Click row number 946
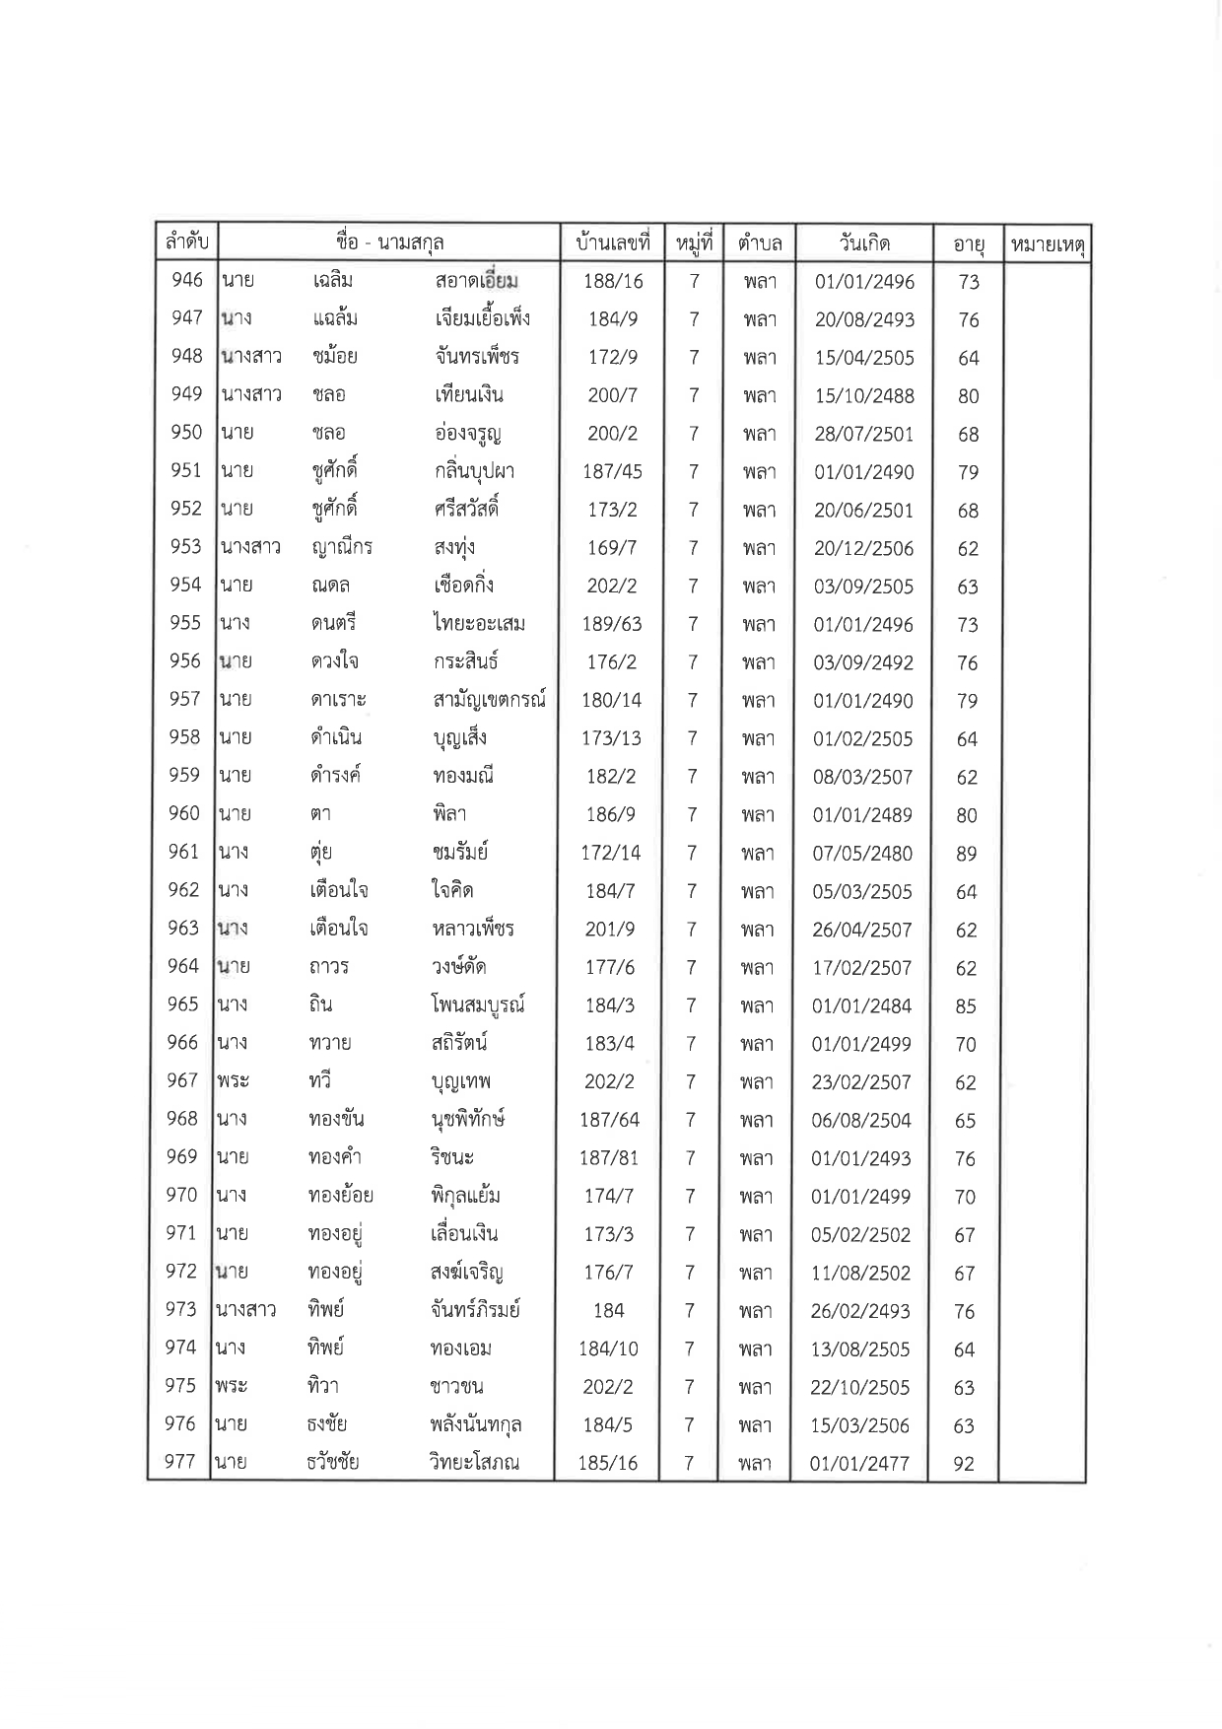pos(186,280)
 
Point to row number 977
pos(180,1462)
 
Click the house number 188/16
pos(613,281)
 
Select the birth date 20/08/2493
pos(864,319)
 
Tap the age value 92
pos(964,1464)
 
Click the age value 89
pos(966,854)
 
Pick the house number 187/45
pos(612,471)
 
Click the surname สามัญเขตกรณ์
pos(489,700)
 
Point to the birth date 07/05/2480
pos(862,854)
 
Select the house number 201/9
pos(610,929)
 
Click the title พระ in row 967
pos(233,1081)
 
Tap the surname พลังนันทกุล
pos(476,1424)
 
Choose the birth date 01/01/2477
pos(859,1464)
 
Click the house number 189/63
pos(611,624)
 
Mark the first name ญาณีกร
pos(341,547)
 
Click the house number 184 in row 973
pos(608,1310)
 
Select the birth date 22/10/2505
pos(859,1387)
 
